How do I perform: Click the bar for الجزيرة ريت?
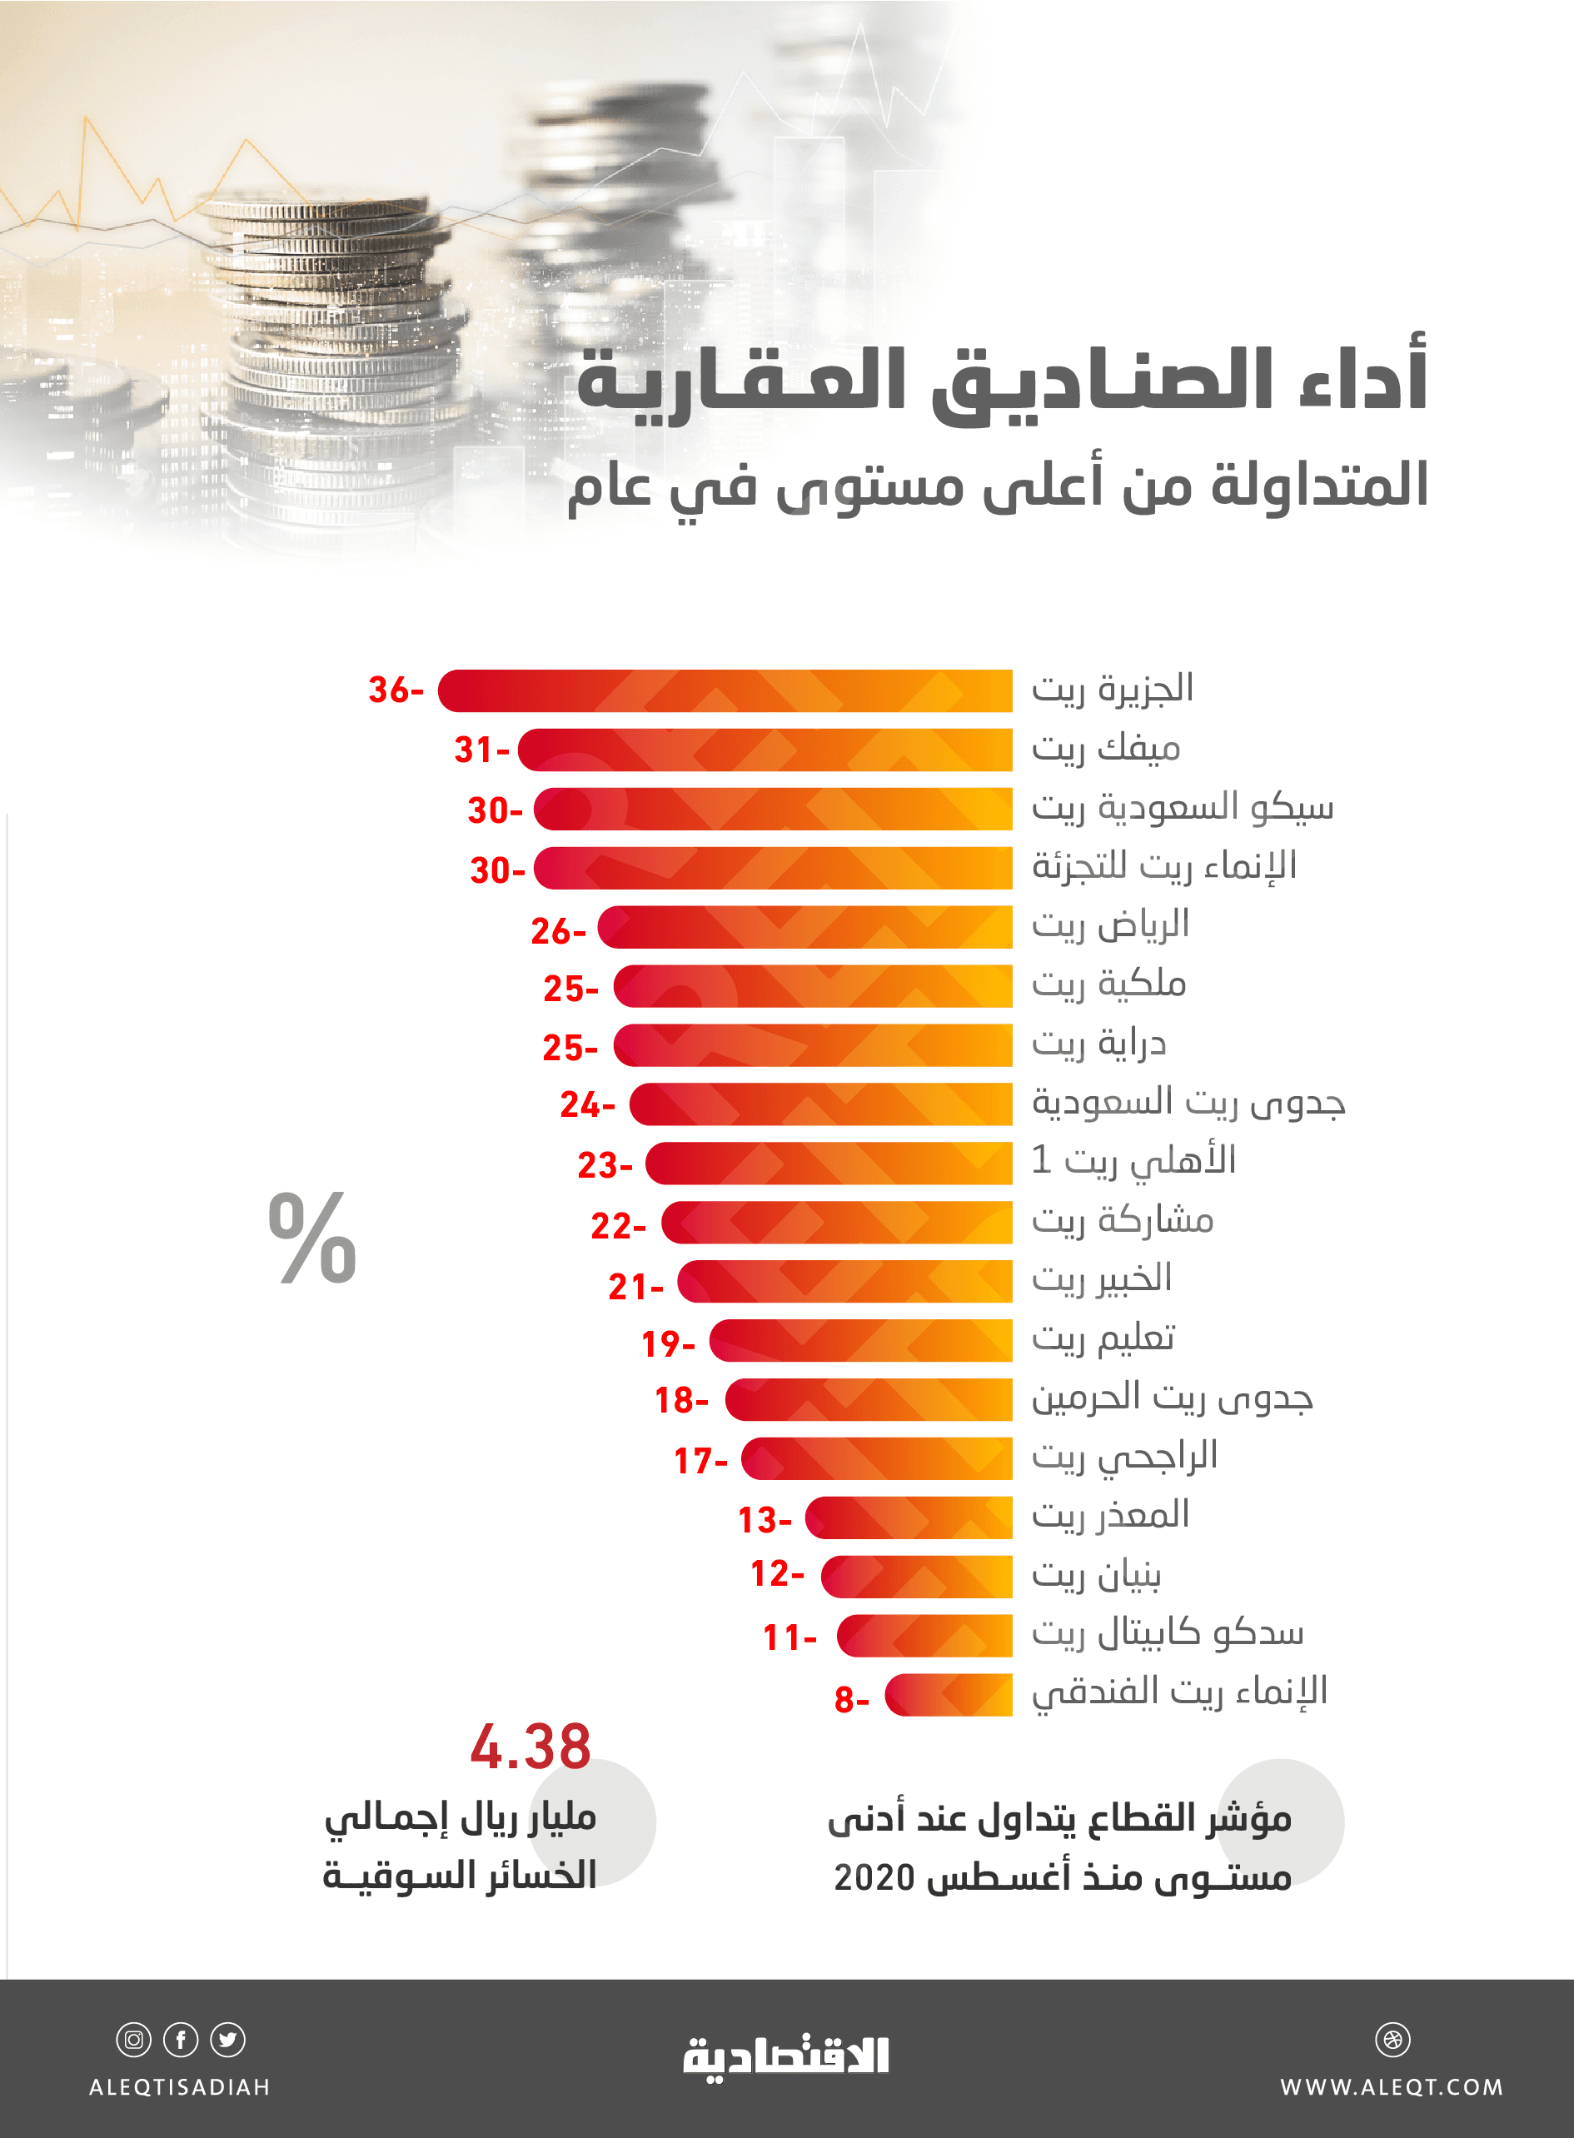click(724, 690)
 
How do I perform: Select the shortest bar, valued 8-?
click(948, 1695)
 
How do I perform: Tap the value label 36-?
click(396, 690)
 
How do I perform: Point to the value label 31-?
click(481, 750)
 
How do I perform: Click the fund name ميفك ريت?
click(1106, 749)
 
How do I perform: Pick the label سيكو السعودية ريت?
click(1183, 808)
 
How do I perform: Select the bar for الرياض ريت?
click(805, 927)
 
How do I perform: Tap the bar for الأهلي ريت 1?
click(829, 1164)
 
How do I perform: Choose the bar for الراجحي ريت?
click(877, 1458)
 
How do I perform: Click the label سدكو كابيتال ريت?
click(1167, 1634)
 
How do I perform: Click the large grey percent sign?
click(312, 1238)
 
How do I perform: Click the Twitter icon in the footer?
click(227, 2040)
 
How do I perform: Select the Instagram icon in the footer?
click(133, 2040)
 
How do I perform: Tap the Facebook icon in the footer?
click(181, 2040)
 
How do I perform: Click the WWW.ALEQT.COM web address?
click(1391, 2087)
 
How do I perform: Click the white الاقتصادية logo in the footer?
click(786, 2057)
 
